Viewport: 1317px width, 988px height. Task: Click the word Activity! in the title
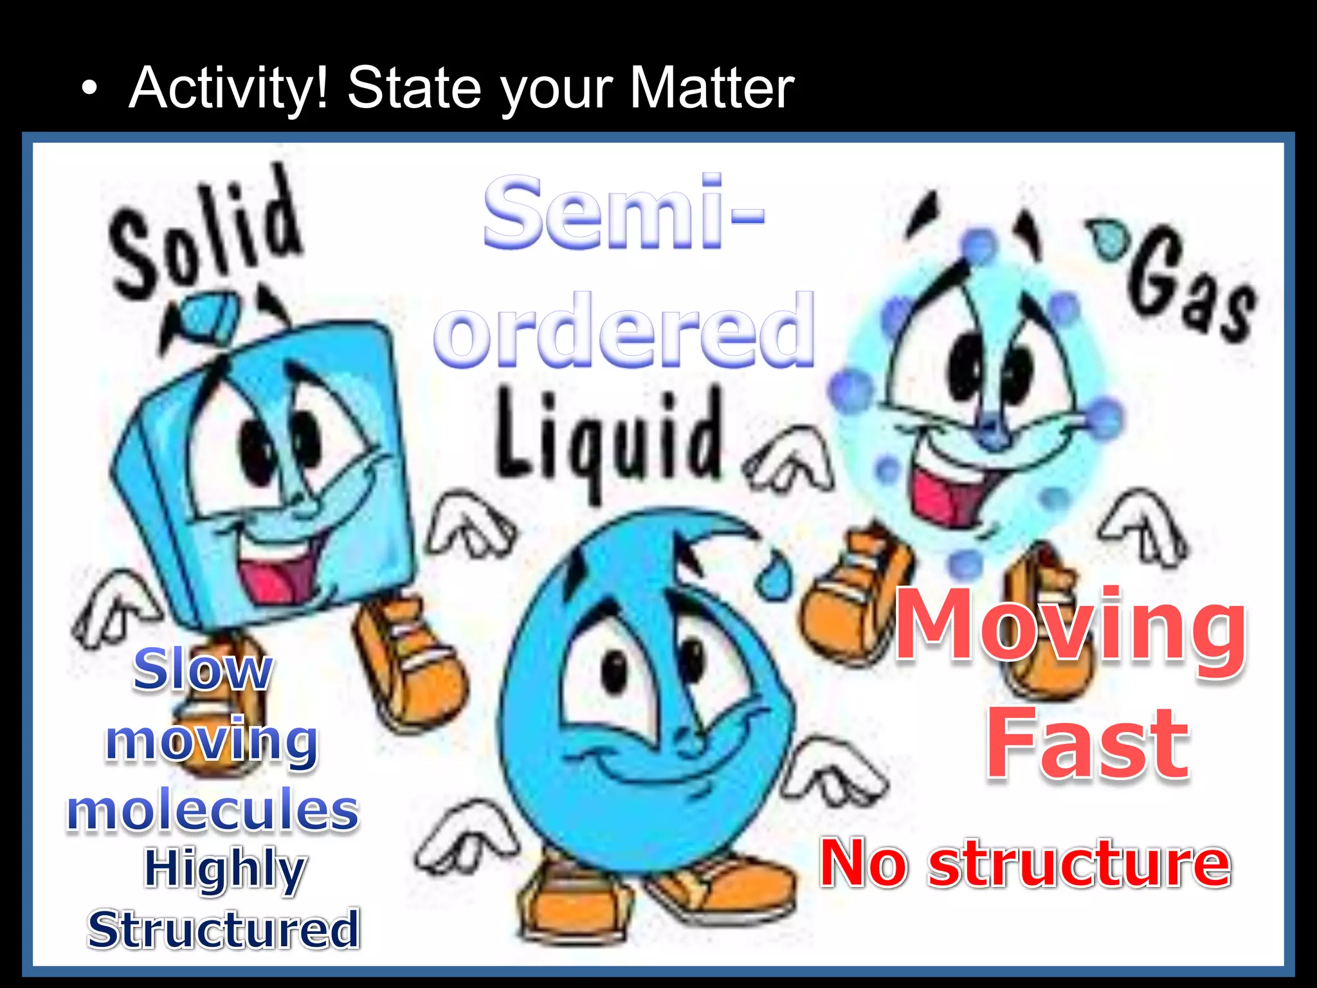point(229,89)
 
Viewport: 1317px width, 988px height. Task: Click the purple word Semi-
point(624,212)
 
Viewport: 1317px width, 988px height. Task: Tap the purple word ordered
point(624,329)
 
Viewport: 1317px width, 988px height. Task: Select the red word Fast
point(1087,744)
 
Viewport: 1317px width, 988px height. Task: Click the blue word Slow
point(203,670)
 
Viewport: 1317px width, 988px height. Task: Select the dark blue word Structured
point(223,930)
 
